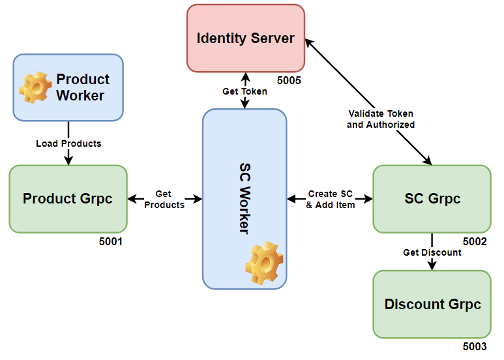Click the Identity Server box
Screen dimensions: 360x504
point(245,38)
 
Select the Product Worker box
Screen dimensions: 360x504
point(68,87)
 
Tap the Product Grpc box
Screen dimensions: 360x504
point(68,198)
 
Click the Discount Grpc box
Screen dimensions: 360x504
point(432,304)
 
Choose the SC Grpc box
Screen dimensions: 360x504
point(432,198)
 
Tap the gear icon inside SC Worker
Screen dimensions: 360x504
point(264,262)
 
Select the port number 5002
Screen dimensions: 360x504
point(475,241)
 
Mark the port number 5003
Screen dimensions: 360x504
point(475,347)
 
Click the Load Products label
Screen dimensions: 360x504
point(68,143)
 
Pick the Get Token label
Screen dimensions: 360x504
point(245,91)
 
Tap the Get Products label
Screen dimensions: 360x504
point(164,199)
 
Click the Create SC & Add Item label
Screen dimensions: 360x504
point(331,199)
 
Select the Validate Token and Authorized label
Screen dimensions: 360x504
point(381,119)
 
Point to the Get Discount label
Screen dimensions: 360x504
point(432,252)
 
